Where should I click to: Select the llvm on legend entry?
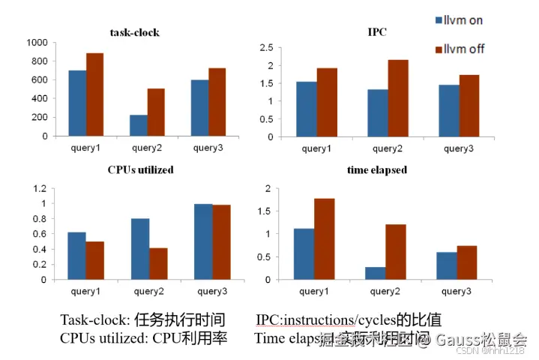458,20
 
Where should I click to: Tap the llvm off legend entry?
459,49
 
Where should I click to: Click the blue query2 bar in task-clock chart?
138,125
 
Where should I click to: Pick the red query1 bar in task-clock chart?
95,94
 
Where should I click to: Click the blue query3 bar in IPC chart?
448,111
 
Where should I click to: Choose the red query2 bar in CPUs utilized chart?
158,263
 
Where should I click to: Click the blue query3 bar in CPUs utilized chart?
203,241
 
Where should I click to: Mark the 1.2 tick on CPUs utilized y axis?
43,187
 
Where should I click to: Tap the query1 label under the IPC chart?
317,148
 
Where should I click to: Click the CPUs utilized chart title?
141,170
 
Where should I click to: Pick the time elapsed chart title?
377,170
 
